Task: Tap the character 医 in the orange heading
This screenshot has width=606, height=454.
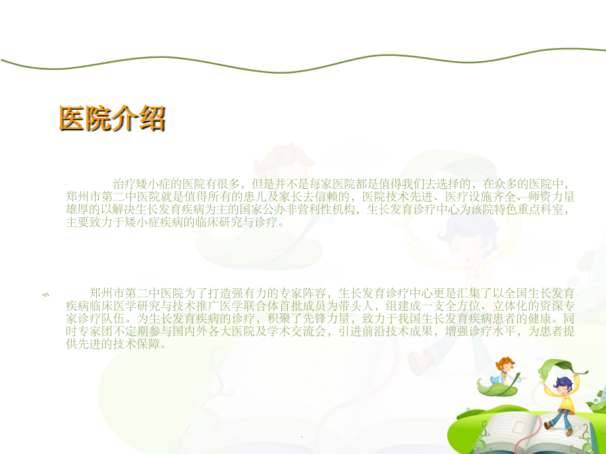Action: click(x=72, y=118)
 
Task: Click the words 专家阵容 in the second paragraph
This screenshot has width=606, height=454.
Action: click(x=305, y=293)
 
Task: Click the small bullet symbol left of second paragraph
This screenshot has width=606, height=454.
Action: click(x=45, y=295)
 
